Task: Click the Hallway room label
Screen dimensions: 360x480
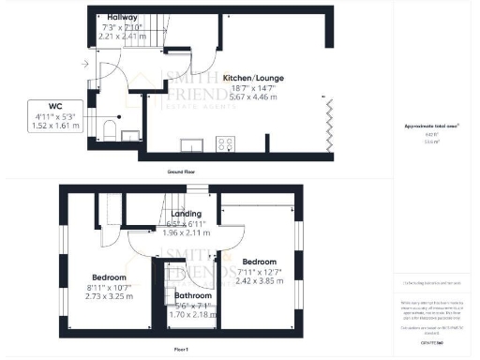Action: click(x=122, y=18)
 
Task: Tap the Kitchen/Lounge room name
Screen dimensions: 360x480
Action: click(x=253, y=78)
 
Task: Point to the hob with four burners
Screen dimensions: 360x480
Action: click(x=226, y=143)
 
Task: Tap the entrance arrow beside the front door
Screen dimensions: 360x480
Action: click(x=85, y=64)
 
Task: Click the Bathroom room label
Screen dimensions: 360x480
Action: click(x=192, y=295)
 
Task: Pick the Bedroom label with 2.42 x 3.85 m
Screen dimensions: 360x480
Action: click(x=259, y=261)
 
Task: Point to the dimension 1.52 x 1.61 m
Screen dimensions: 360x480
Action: click(x=45, y=125)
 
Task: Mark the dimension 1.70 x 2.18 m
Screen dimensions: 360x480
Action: click(x=193, y=314)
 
